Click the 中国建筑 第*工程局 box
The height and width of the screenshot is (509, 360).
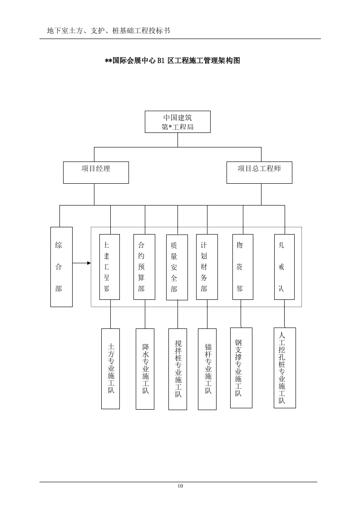pos(178,122)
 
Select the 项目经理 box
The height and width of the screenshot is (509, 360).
pos(96,172)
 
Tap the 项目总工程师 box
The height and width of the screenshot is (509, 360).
pos(259,172)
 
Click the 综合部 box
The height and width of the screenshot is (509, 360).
pos(61,267)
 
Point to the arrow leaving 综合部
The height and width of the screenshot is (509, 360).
pos(82,263)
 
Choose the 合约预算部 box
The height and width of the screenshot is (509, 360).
pos(144,267)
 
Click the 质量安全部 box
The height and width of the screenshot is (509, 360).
pos(177,267)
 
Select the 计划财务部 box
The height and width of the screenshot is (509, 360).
pos(207,267)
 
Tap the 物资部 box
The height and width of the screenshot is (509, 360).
pos(242,267)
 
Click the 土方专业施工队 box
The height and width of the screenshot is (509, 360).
pos(110,368)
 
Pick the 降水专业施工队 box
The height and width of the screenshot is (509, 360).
pos(145,368)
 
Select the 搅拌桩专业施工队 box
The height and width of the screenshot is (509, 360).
pos(178,369)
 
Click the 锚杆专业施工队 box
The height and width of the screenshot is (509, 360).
pos(207,369)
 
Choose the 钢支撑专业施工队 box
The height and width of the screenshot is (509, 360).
pos(241,367)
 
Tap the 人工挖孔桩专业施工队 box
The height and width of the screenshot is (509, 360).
pos(285,367)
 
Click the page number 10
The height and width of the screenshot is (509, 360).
pos(180,486)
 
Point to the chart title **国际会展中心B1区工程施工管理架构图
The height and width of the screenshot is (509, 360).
pos(173,61)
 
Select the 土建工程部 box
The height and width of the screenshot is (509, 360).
pos(109,267)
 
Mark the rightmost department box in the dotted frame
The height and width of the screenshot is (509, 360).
pos(284,267)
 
